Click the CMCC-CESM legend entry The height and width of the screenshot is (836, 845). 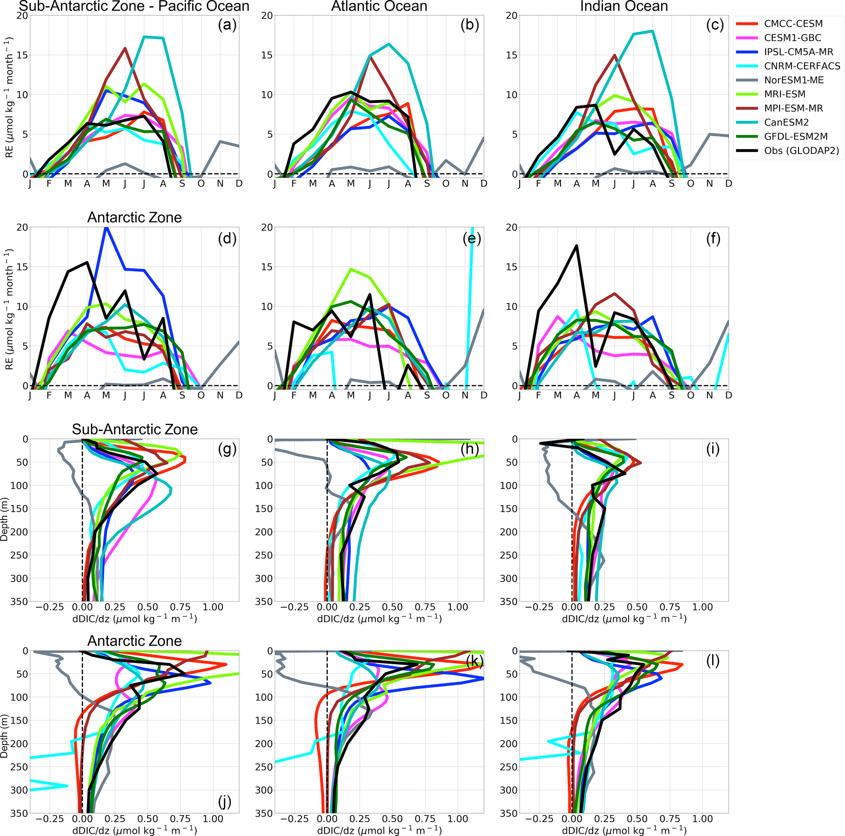click(x=793, y=24)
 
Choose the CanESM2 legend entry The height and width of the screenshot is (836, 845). click(x=787, y=123)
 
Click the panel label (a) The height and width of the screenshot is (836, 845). click(x=227, y=25)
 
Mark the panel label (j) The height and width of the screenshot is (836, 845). click(x=224, y=801)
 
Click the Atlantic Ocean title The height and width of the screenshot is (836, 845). click(x=379, y=7)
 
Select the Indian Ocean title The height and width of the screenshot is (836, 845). click(x=624, y=7)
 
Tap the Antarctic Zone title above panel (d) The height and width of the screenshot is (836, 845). click(x=134, y=217)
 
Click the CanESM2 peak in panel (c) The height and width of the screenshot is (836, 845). click(x=652, y=31)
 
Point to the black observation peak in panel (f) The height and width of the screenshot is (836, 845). click(x=577, y=245)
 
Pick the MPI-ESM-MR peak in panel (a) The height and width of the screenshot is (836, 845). click(x=125, y=48)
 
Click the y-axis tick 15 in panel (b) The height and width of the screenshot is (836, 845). click(x=267, y=55)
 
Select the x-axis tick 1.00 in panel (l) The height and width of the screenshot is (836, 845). click(x=702, y=819)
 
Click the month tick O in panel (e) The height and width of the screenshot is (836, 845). click(x=446, y=395)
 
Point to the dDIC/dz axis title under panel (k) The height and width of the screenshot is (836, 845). click(x=379, y=830)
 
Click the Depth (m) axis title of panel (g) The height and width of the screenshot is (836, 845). click(x=4, y=519)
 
